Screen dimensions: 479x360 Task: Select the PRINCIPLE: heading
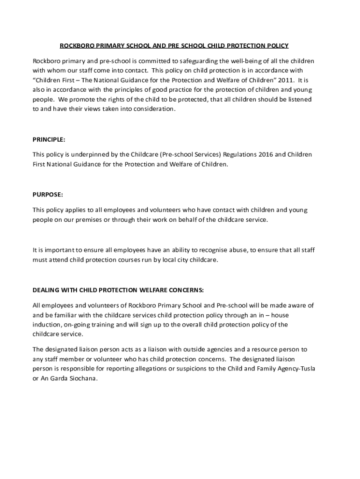click(49, 139)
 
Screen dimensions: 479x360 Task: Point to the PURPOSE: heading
click(47, 195)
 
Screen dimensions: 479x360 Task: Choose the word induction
click(47, 324)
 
